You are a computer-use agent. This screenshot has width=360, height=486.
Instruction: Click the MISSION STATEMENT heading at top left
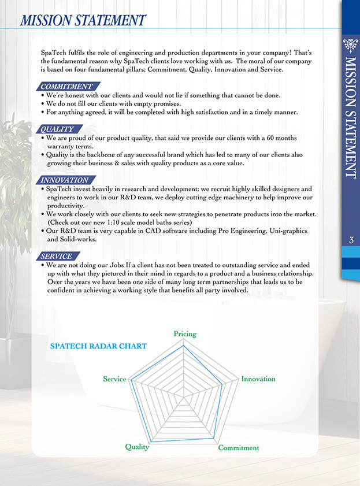point(82,20)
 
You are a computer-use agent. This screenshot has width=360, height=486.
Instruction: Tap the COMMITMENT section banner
point(66,87)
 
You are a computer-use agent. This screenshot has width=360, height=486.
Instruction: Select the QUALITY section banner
point(58,129)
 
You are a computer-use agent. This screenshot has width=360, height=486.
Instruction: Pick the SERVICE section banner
point(57,256)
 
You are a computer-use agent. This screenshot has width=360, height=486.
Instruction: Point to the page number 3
point(351,240)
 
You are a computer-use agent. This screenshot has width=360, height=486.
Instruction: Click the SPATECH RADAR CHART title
point(98,347)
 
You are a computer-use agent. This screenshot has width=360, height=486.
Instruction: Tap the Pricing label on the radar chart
point(185,334)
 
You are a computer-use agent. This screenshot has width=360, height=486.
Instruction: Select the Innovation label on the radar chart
point(258,379)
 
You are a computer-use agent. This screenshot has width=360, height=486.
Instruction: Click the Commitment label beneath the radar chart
point(239,448)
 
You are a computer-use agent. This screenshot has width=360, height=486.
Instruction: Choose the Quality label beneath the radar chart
point(137,447)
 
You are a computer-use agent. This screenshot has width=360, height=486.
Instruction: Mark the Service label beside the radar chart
point(114,379)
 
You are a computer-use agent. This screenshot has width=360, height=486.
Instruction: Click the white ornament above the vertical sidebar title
point(351,46)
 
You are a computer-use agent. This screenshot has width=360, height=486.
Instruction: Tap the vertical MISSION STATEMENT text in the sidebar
point(351,116)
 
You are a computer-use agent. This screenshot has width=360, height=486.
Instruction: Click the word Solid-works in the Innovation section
point(79,239)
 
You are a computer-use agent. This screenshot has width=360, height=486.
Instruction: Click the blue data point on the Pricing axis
point(184,348)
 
